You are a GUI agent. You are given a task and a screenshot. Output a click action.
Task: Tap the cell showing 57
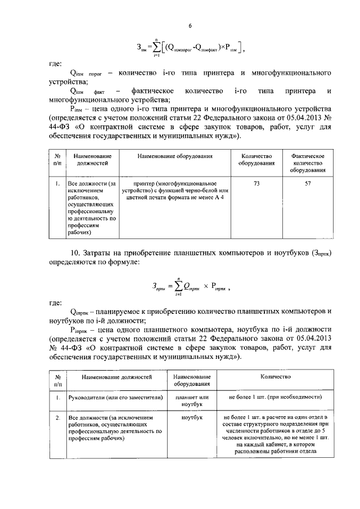[x=308, y=184]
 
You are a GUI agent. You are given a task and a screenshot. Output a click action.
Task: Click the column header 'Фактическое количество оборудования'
[x=308, y=163]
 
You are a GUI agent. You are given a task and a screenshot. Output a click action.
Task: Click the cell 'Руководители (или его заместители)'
[x=103, y=398]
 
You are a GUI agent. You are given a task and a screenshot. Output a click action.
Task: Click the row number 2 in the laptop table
[x=58, y=418]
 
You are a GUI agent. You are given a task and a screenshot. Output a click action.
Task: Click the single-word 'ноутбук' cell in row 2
[x=192, y=418]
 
